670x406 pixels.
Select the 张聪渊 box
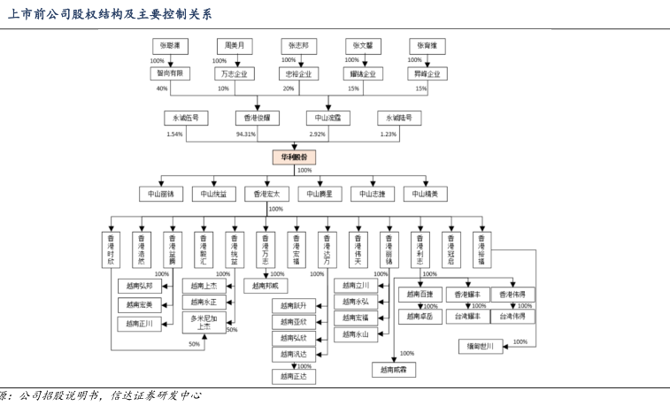(169, 44)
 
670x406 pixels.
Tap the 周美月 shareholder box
(235, 44)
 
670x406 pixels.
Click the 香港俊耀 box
(257, 118)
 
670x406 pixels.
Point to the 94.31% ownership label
(246, 134)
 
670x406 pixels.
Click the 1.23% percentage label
(388, 134)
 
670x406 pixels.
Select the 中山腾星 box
(320, 193)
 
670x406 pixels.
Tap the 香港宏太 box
(266, 193)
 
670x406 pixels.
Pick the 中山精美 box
(426, 193)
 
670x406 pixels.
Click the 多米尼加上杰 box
(204, 322)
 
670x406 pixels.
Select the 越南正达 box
(293, 377)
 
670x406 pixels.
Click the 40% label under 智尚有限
(162, 88)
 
